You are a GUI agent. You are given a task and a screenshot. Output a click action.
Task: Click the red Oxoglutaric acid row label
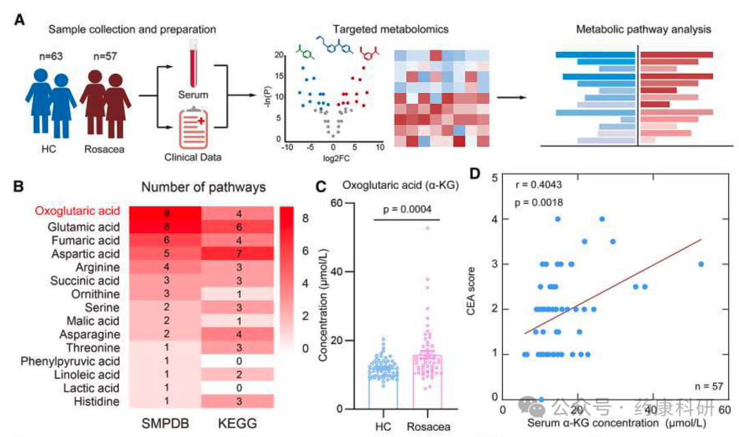pos(77,211)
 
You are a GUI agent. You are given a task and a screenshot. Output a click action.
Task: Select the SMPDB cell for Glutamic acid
pos(165,226)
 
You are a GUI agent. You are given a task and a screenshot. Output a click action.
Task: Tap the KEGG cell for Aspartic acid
pos(238,253)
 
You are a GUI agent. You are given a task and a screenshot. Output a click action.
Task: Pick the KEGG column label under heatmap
pos(237,423)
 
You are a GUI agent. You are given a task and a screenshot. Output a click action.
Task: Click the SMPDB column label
pos(165,423)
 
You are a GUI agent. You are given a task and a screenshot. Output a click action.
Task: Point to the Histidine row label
pos(96,401)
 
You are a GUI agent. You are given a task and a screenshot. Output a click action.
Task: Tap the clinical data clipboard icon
pos(193,128)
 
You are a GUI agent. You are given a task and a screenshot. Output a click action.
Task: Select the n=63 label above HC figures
pos(51,56)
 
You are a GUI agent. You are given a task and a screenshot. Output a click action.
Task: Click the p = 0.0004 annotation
pos(406,209)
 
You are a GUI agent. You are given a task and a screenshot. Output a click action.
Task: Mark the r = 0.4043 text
pos(539,185)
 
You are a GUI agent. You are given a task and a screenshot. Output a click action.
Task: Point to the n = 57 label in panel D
pos(708,386)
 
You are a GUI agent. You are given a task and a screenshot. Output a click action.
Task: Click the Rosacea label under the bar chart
pos(428,427)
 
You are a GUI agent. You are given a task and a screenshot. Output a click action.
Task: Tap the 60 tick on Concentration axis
pos(336,203)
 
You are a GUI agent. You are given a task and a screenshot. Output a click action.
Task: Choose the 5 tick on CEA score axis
pos(495,178)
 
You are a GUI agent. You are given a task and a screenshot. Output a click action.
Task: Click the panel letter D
pos(475,174)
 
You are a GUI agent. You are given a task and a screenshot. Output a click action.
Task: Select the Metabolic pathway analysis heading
pos(643,29)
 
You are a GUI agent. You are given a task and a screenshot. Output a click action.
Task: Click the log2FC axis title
pos(336,158)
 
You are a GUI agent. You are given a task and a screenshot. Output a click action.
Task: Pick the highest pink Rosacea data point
pos(428,228)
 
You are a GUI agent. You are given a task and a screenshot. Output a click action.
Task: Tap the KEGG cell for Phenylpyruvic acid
pos(238,361)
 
